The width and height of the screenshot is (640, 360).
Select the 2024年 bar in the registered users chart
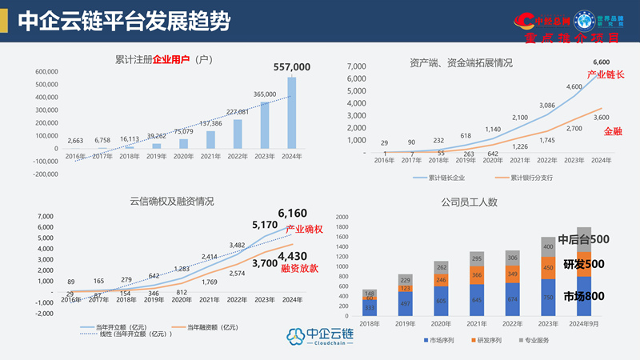pyautogui.click(x=291, y=112)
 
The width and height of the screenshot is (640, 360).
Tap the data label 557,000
pyautogui.click(x=291, y=67)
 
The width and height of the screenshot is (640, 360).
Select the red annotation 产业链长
pyautogui.click(x=606, y=74)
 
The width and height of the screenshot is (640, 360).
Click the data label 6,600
pyautogui.click(x=601, y=62)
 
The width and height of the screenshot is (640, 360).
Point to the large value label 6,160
pyautogui.click(x=293, y=214)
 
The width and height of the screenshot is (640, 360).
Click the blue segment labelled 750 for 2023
pyautogui.click(x=549, y=298)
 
